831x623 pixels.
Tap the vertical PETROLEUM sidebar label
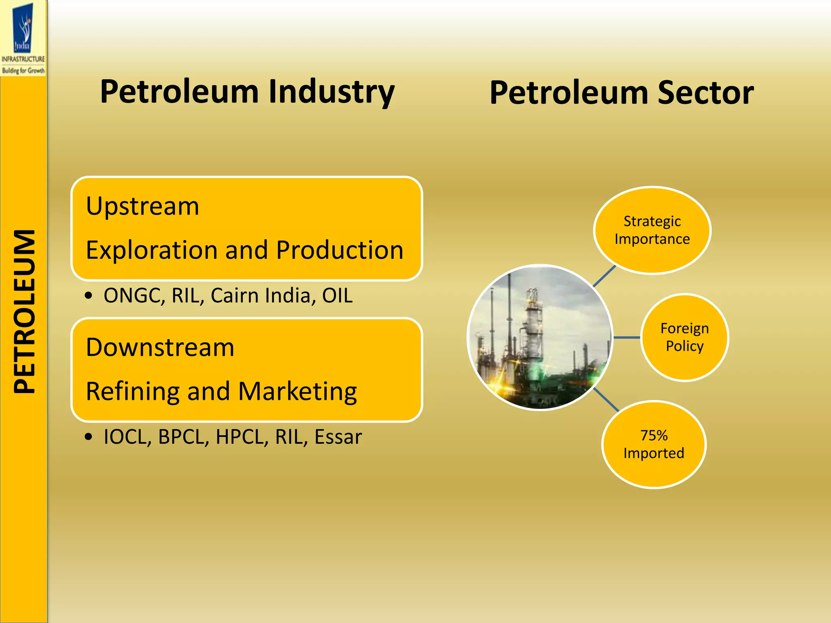24,311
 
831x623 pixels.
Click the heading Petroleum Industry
247,92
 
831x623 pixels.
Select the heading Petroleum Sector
621,93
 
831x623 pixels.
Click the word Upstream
142,206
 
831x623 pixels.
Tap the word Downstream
160,348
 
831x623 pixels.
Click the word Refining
133,392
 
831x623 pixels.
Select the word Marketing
297,392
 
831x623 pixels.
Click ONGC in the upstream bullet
132,296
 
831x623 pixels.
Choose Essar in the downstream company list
338,437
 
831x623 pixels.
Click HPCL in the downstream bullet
242,437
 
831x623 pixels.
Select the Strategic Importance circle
652,230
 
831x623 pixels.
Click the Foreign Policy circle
685,337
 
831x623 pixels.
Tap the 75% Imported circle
654,445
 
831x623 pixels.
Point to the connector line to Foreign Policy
627,337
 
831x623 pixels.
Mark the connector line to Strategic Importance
605,276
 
